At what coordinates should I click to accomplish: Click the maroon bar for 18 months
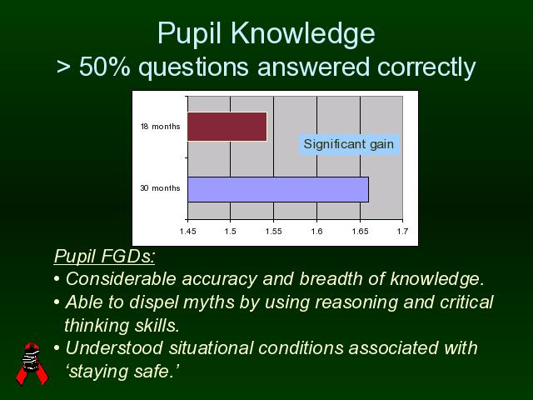tap(227, 127)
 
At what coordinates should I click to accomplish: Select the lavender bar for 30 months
tap(278, 189)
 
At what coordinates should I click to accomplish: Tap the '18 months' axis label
tap(161, 127)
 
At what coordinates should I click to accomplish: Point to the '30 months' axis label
tap(160, 188)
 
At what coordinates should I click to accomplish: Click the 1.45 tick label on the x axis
tap(187, 232)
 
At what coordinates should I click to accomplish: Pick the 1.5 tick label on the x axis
tap(231, 232)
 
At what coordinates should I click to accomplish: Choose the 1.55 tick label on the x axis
tap(274, 232)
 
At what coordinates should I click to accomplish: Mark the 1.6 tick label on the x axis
tap(316, 232)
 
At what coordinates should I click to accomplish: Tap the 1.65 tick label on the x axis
tap(360, 232)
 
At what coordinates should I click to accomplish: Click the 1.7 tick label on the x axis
tap(402, 232)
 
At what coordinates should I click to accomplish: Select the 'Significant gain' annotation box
tap(349, 144)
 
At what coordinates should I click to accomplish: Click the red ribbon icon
tap(32, 363)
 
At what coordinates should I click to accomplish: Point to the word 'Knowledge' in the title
tap(303, 34)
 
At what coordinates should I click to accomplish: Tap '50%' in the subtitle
tap(105, 67)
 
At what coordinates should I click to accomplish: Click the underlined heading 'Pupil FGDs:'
tap(104, 256)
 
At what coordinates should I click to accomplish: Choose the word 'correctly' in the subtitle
tap(426, 67)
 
